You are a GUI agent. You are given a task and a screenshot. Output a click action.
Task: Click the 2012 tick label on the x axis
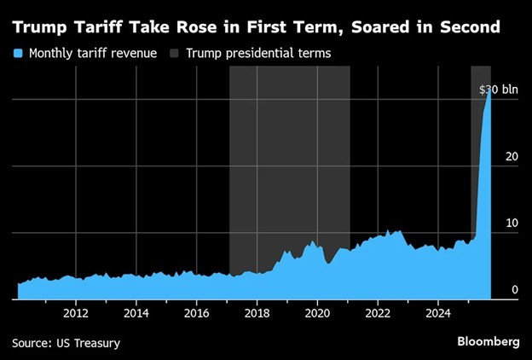[76, 312]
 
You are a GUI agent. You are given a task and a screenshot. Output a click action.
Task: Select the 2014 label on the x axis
[136, 312]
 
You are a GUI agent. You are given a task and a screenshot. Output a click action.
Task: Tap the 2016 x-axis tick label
[197, 312]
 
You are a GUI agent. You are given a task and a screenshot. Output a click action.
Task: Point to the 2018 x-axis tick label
[257, 312]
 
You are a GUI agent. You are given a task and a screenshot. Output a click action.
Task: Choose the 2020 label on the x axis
[317, 312]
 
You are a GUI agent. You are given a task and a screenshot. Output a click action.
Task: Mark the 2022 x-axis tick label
[378, 312]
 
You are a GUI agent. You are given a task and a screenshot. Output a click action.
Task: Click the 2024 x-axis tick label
[437, 312]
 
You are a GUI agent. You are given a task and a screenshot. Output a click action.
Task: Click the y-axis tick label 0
[515, 290]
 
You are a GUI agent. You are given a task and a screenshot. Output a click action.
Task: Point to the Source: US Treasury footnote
[66, 343]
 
